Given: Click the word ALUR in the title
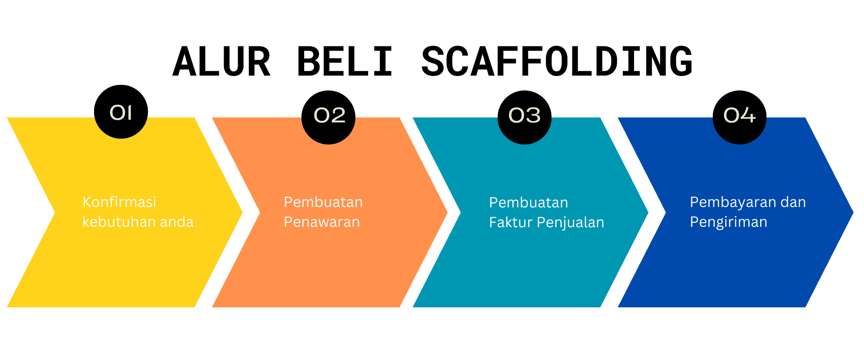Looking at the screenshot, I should [221, 62].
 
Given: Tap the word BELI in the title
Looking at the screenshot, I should [345, 62].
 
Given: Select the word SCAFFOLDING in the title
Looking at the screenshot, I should [557, 62].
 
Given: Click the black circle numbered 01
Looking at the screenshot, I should [121, 112].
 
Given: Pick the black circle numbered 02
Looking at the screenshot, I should [328, 117].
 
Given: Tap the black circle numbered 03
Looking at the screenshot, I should [524, 117].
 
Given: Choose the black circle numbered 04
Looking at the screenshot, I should [739, 117].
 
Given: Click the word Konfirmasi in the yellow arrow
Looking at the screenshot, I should [119, 202].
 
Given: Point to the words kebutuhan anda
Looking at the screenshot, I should [138, 222].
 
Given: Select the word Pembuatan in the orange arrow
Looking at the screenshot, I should [323, 202].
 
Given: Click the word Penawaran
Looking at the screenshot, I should [322, 222].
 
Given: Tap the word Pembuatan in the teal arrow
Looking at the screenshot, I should [528, 202].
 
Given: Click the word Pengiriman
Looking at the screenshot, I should [729, 222].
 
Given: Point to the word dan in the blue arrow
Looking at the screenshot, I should [793, 202].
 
